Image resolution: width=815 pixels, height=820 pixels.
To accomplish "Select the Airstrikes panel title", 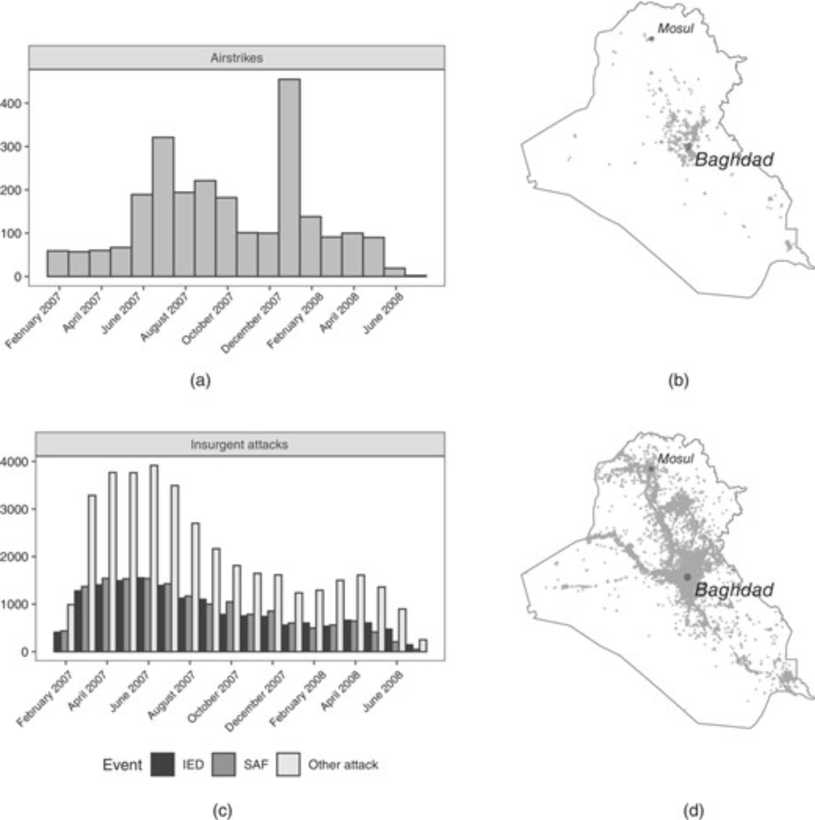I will (237, 58).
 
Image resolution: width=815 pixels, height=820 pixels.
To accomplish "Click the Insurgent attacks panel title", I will (239, 445).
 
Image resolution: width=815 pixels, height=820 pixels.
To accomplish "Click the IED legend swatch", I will (163, 764).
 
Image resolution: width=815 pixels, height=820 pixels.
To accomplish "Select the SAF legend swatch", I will (224, 764).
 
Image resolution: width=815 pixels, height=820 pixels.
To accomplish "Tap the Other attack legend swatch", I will (288, 764).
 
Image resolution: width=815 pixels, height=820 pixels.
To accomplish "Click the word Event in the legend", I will (122, 765).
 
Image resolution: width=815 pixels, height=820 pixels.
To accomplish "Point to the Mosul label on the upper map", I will (676, 28).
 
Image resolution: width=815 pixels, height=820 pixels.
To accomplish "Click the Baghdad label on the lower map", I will (734, 590).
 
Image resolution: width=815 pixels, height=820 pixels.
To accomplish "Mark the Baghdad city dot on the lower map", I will (687, 577).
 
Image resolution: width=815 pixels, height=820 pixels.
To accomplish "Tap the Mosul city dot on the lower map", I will (651, 469).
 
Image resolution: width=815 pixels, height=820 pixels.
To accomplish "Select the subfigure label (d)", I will (694, 811).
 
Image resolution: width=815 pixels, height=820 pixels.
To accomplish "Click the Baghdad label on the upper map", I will (734, 160).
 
